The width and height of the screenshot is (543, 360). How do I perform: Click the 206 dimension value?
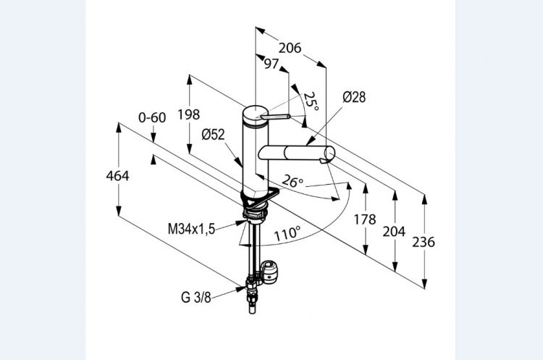[x=290, y=49]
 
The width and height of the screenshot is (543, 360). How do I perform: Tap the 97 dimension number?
[x=271, y=64]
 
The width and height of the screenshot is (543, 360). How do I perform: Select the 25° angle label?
[x=311, y=101]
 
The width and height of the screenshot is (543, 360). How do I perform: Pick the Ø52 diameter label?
[x=214, y=134]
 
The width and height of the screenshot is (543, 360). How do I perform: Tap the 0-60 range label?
[x=152, y=117]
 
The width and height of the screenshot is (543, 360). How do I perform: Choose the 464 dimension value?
[x=117, y=175]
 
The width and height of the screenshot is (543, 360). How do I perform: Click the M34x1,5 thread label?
[x=192, y=230]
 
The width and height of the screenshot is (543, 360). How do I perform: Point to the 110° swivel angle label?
[x=287, y=234]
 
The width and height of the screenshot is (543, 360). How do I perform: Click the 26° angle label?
[x=291, y=181]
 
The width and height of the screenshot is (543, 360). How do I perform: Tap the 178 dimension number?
[x=366, y=219]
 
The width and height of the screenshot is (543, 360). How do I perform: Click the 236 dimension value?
[x=424, y=242]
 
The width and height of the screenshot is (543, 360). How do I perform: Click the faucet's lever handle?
[x=276, y=117]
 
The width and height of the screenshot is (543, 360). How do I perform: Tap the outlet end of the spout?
[x=328, y=154]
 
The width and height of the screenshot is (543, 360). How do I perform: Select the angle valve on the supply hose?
[x=271, y=272]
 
